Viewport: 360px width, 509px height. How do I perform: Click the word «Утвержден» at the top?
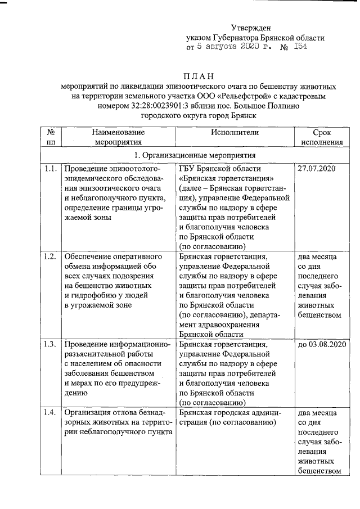[251, 28]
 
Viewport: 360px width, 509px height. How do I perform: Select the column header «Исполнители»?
[235, 132]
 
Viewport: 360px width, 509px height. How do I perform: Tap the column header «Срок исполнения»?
[321, 137]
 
